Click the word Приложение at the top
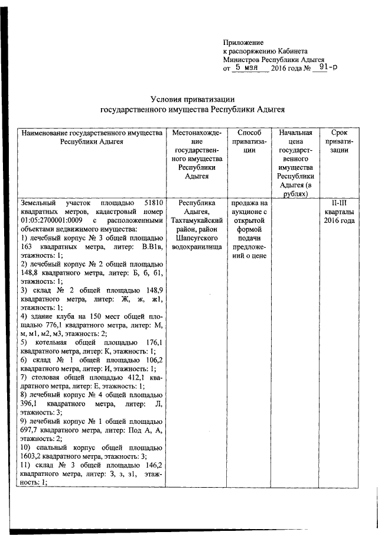click(243, 43)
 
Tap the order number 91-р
click(324, 68)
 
